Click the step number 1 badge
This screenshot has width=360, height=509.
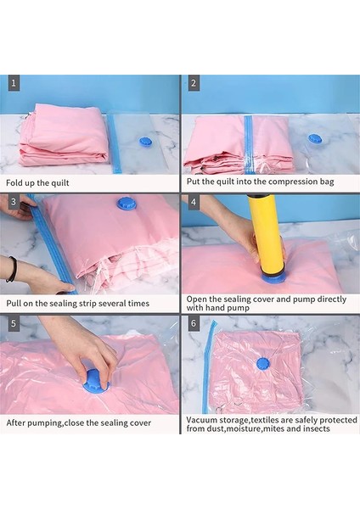pos(14,83)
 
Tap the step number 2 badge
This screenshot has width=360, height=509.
pos(194,83)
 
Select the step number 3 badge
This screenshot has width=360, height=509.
pos(14,202)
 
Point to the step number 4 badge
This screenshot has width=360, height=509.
pos(194,202)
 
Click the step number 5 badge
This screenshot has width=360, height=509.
pos(14,323)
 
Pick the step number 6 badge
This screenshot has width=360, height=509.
pos(194,323)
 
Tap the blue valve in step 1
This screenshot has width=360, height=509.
pos(144,141)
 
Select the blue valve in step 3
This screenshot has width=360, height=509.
pos(126,204)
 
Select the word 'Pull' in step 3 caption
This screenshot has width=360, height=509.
pos(18,301)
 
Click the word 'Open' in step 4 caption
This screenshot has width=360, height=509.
pos(199,299)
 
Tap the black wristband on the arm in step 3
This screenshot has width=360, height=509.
pos(11,269)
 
